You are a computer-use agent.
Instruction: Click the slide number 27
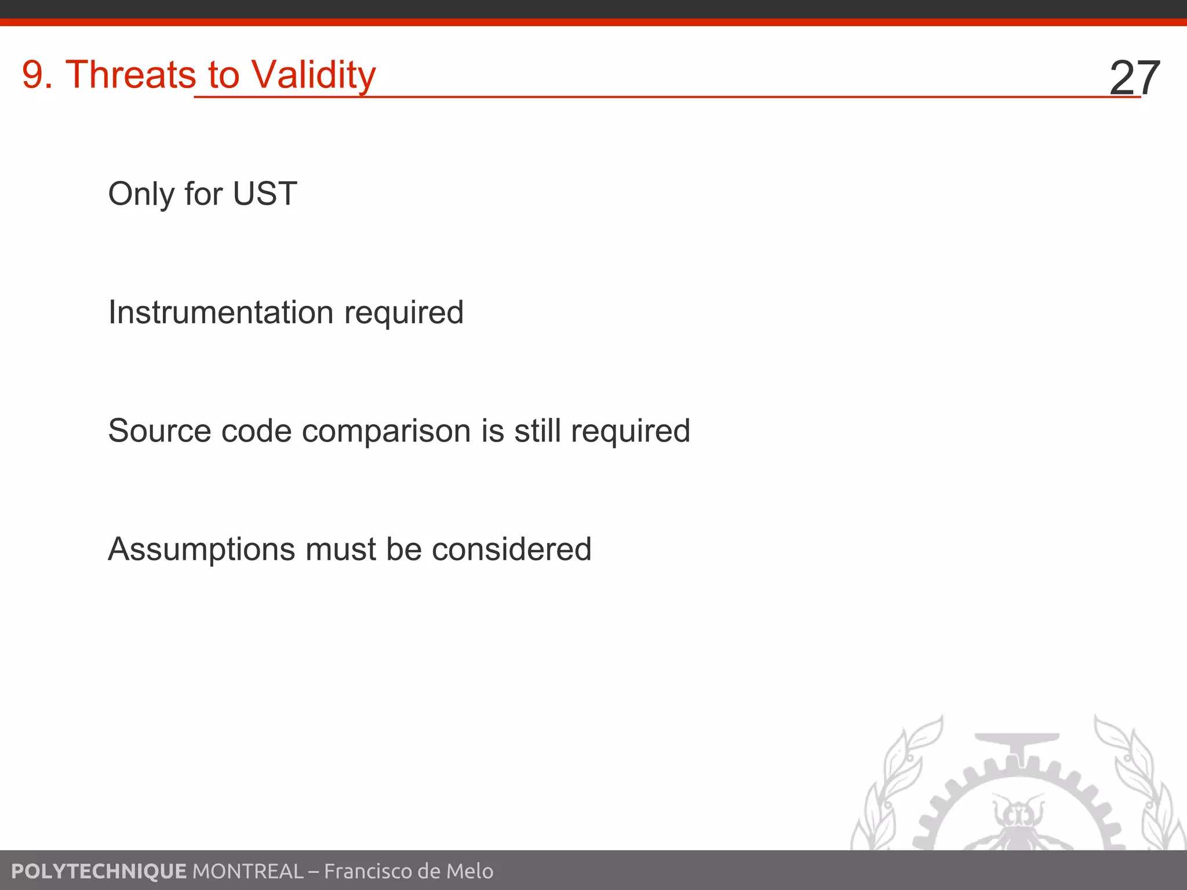pyautogui.click(x=1134, y=78)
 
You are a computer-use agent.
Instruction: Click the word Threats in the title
pyautogui.click(x=131, y=75)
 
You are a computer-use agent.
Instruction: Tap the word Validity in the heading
pyautogui.click(x=314, y=76)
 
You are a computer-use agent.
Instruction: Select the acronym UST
pyautogui.click(x=265, y=194)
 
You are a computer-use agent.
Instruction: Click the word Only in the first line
pyautogui.click(x=141, y=195)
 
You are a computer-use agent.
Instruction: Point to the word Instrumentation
pyautogui.click(x=221, y=312)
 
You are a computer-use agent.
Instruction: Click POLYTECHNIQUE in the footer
pyautogui.click(x=99, y=871)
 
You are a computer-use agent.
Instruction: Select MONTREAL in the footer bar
pyautogui.click(x=247, y=871)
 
